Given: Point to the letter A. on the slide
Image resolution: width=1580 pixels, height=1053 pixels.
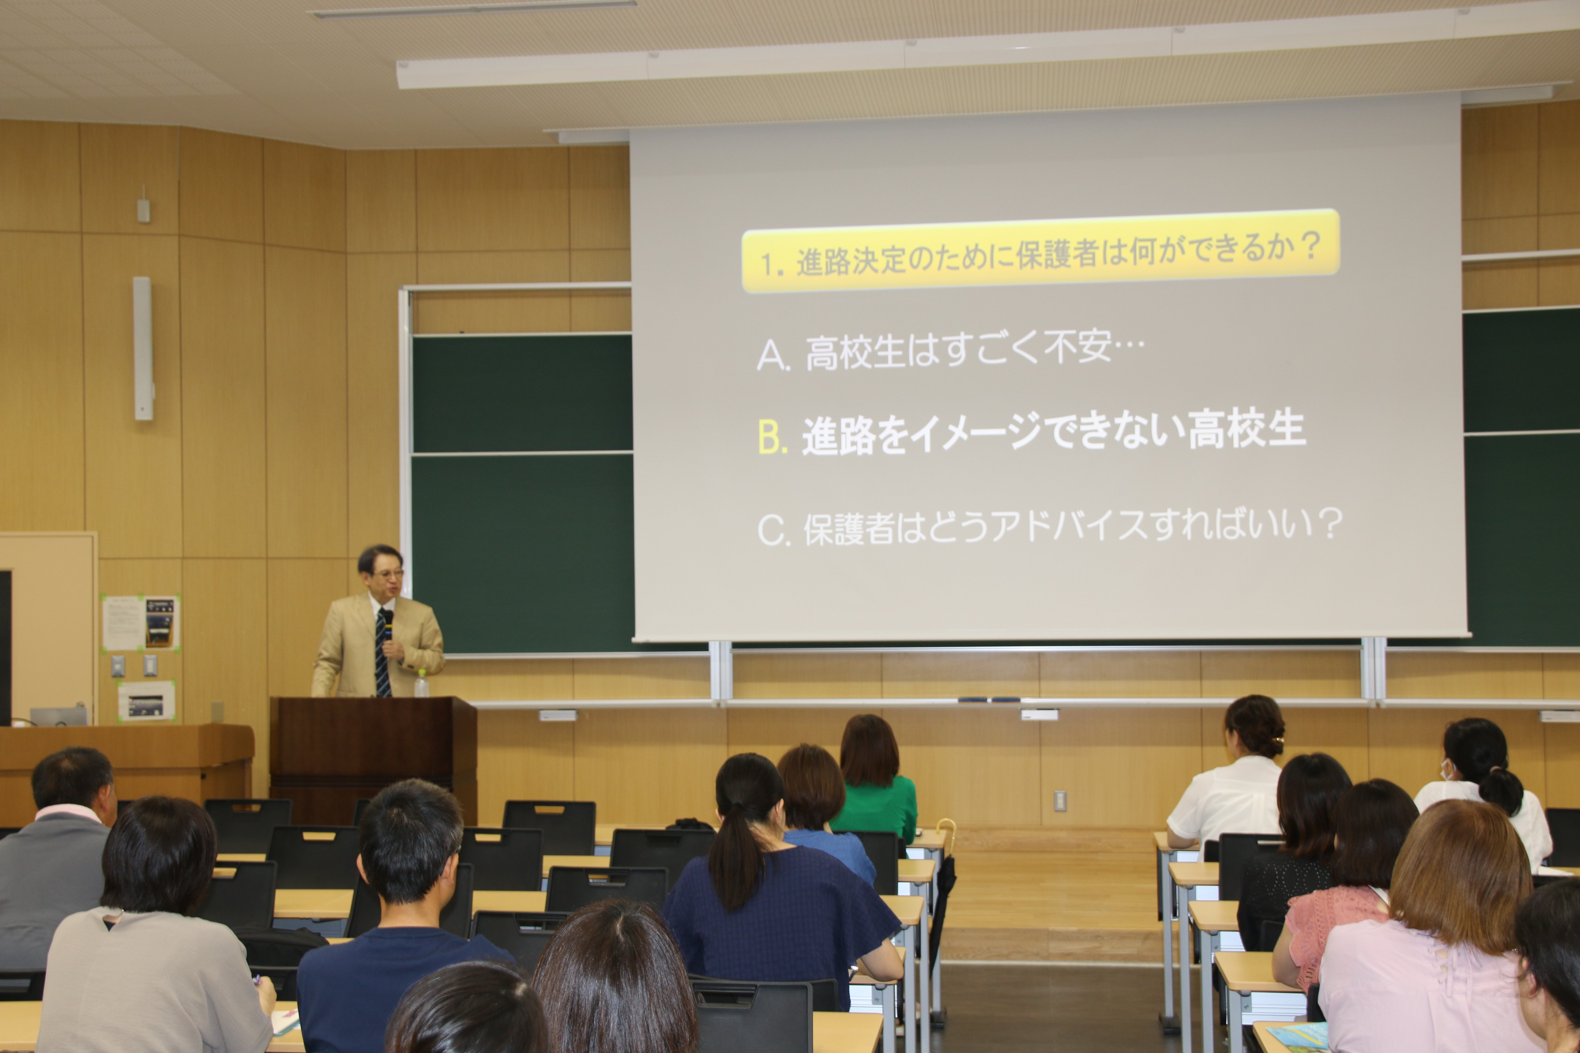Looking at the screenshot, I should [x=773, y=354].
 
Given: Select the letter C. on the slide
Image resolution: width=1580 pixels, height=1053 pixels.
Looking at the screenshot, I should [x=773, y=531].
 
